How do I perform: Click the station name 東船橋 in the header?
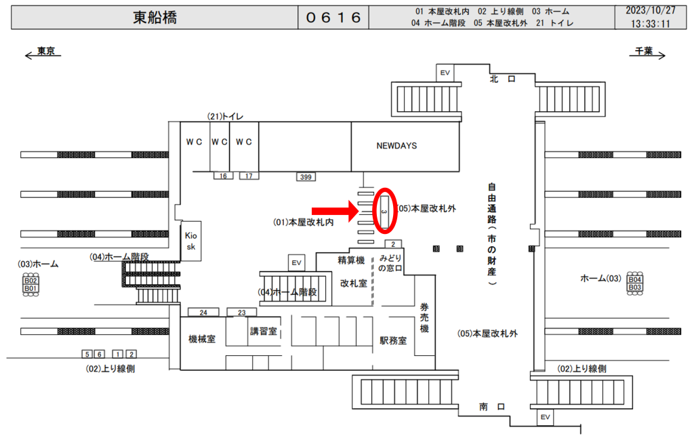coord(155,18)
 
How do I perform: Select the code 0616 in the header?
coord(333,18)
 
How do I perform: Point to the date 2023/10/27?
coord(651,11)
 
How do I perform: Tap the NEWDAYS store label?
coord(396,146)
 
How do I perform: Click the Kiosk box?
coord(190,240)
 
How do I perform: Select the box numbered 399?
coord(305,177)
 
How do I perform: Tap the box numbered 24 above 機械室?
coord(203,312)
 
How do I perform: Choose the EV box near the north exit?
coord(445,73)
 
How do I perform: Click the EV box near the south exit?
coord(544,417)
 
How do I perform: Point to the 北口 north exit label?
coord(502,79)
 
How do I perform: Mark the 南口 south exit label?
coord(493,406)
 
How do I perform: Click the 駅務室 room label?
coord(393,340)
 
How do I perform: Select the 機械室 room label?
coord(202,339)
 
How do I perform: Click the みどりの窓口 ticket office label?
coord(391,263)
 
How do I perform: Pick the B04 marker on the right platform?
coord(634,279)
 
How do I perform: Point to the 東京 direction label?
coord(46,52)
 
